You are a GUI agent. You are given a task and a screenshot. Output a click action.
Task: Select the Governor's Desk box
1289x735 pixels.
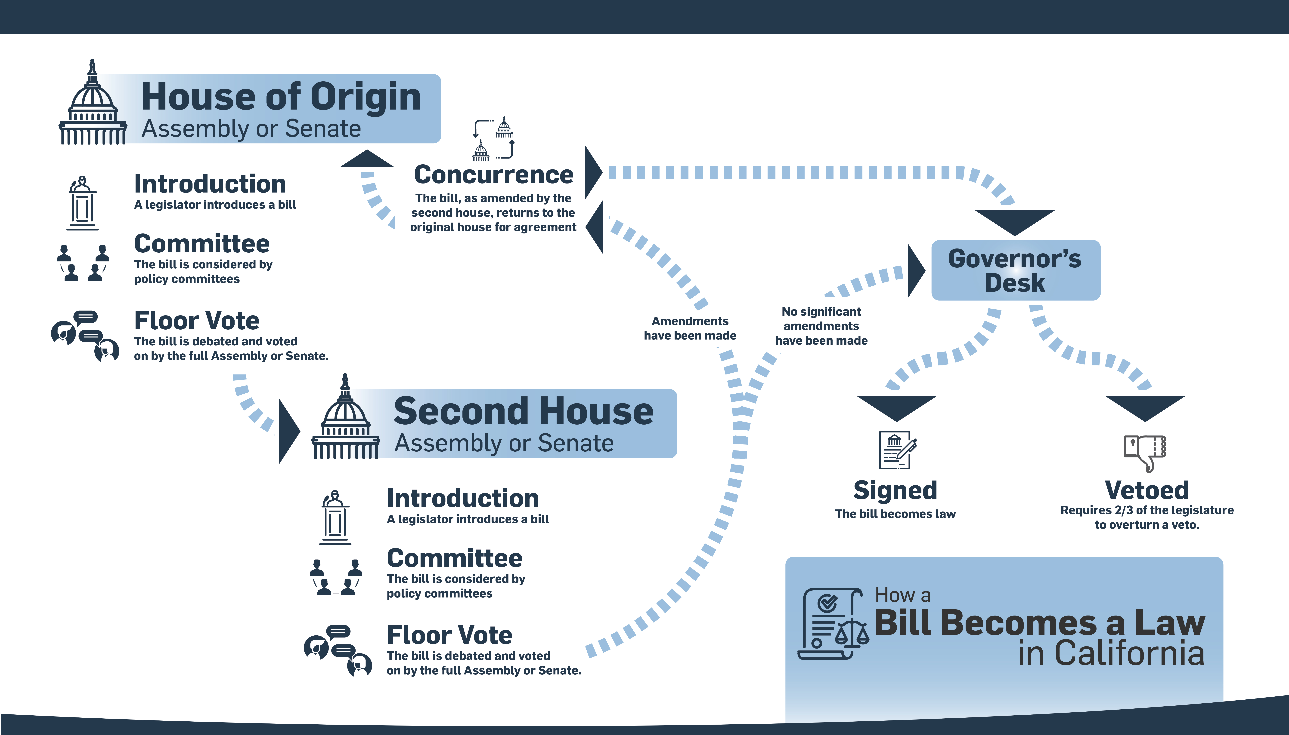point(1015,270)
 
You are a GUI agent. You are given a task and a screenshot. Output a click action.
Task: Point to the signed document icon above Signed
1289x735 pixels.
point(897,449)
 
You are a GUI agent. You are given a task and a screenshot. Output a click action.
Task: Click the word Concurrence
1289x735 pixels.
point(493,175)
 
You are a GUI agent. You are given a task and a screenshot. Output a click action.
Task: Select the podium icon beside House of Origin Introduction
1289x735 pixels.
point(82,203)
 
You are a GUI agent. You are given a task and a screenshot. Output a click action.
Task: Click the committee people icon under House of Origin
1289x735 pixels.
point(83,263)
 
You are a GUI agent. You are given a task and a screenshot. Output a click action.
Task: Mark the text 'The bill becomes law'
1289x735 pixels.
point(895,514)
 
